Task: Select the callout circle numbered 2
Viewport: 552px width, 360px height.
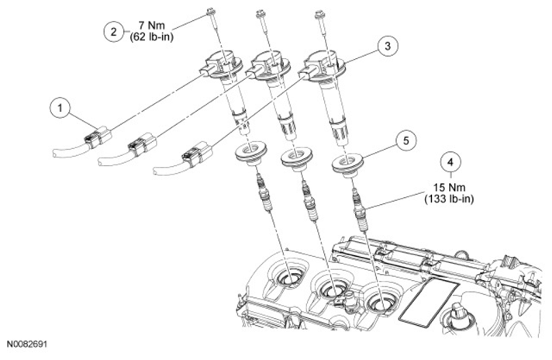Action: coord(113,32)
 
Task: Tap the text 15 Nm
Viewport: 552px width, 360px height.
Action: coord(449,187)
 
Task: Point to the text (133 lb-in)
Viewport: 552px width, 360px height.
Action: coord(450,199)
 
